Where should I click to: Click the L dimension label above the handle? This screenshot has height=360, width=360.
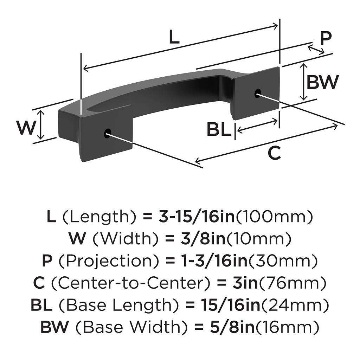click(174, 37)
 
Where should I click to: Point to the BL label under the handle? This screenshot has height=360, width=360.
click(219, 130)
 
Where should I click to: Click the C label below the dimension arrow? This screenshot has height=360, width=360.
click(274, 153)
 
